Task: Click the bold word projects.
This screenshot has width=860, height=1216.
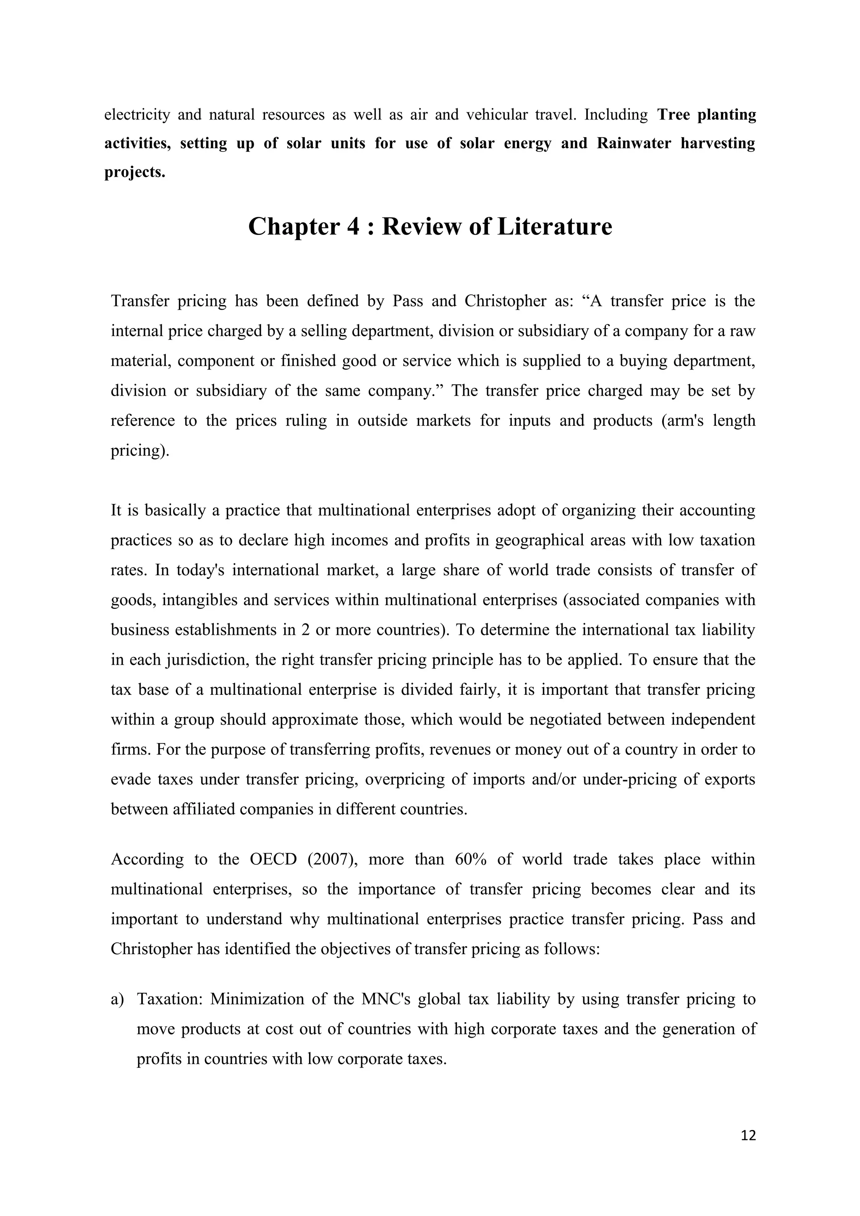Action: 135,172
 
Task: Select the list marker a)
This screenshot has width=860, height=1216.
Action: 117,999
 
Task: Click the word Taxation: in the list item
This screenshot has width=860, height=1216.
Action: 170,999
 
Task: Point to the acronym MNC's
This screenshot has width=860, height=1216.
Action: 385,999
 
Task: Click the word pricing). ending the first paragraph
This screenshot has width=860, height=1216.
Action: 140,451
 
